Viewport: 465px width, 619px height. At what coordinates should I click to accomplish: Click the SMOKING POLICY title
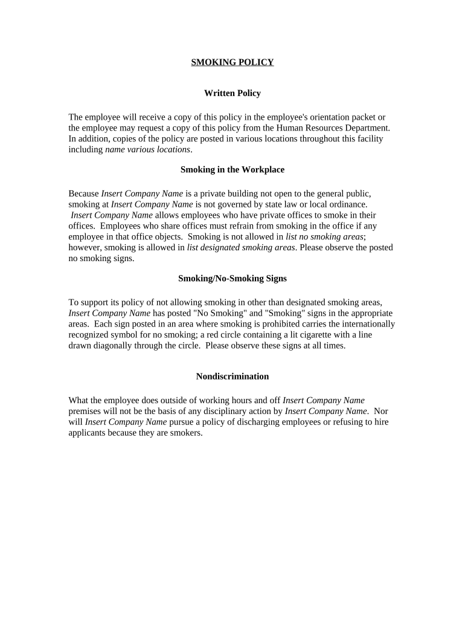click(232, 62)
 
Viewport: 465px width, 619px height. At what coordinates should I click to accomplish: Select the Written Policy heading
click(232, 94)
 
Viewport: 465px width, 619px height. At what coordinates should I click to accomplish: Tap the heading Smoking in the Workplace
click(232, 170)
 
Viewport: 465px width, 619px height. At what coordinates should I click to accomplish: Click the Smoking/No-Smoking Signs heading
click(232, 279)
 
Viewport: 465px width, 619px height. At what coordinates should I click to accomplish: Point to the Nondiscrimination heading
click(232, 377)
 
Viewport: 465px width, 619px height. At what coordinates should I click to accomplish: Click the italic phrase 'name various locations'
click(148, 149)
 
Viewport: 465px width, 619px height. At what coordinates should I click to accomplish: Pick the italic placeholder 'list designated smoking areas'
click(241, 248)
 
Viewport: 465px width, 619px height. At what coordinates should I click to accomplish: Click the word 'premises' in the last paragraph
click(85, 411)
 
